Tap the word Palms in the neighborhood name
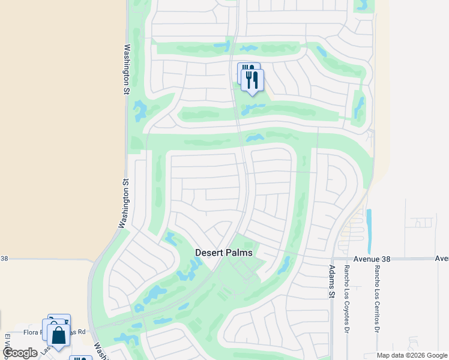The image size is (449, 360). pyautogui.click(x=238, y=253)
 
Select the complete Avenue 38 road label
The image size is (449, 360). pyautogui.click(x=372, y=259)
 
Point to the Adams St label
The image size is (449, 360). pyautogui.click(x=331, y=281)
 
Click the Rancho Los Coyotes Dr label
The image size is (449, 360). pyautogui.click(x=347, y=299)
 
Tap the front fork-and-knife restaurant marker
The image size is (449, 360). pyautogui.click(x=253, y=80)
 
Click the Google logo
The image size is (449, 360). pyautogui.click(x=20, y=353)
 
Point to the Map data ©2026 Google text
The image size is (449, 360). pyautogui.click(x=412, y=355)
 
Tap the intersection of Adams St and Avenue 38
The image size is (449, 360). pyautogui.click(x=331, y=259)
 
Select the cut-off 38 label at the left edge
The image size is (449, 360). pyautogui.click(x=4, y=259)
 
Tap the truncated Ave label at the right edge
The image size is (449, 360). pyautogui.click(x=442, y=259)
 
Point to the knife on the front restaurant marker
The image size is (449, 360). pyautogui.click(x=256, y=79)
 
